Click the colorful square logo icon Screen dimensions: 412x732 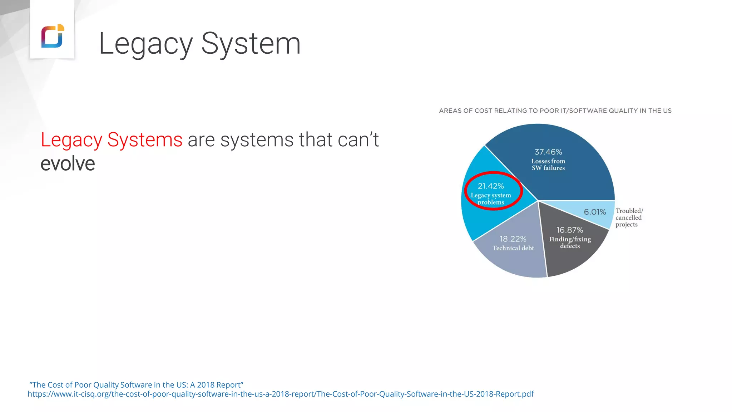pos(53,36)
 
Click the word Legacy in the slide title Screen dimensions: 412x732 pos(145,44)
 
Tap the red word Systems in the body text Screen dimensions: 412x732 pos(145,139)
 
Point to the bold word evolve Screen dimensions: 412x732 pos(68,164)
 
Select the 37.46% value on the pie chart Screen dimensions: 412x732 pos(548,152)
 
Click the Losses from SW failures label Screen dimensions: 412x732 pos(548,165)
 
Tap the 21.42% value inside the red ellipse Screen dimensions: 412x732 pos(491,186)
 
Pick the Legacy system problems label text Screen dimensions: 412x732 pos(491,198)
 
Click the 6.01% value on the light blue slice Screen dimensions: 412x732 pos(595,212)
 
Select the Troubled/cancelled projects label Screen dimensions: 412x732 pos(629,217)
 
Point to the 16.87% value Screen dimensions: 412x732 pos(569,230)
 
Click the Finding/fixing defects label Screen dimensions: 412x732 pos(570,242)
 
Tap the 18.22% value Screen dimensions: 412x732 pos(513,239)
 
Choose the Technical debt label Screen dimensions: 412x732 pos(513,248)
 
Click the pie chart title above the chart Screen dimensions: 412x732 pos(555,111)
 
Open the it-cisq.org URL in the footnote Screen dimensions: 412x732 pos(281,394)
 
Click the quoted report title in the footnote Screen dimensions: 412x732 pos(136,385)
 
